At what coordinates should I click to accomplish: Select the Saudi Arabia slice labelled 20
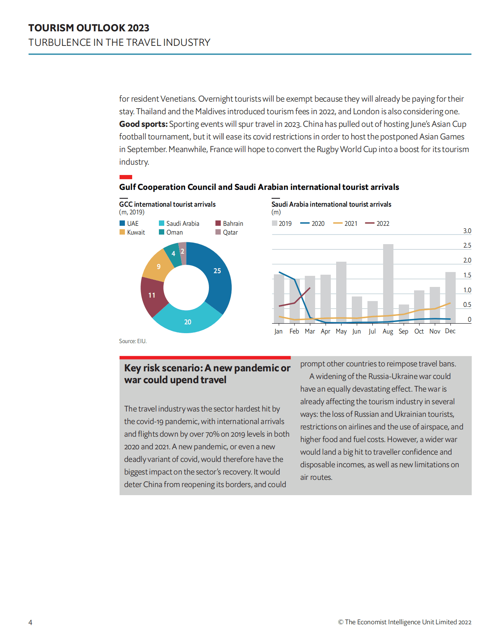click(x=188, y=319)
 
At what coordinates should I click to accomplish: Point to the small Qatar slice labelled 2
click(x=183, y=252)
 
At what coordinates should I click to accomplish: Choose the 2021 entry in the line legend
click(x=345, y=224)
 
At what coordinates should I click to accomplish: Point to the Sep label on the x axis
click(x=403, y=331)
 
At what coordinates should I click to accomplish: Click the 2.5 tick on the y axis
click(x=467, y=245)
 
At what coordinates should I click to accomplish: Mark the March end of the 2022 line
click(x=310, y=288)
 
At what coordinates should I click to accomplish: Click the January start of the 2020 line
click(x=279, y=272)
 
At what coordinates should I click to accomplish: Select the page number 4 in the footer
click(x=31, y=622)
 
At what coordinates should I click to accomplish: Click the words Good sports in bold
click(x=143, y=124)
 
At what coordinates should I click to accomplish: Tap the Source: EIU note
click(x=133, y=341)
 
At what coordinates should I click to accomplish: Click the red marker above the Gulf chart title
click(x=126, y=177)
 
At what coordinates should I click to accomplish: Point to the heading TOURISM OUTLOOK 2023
click(x=89, y=28)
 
